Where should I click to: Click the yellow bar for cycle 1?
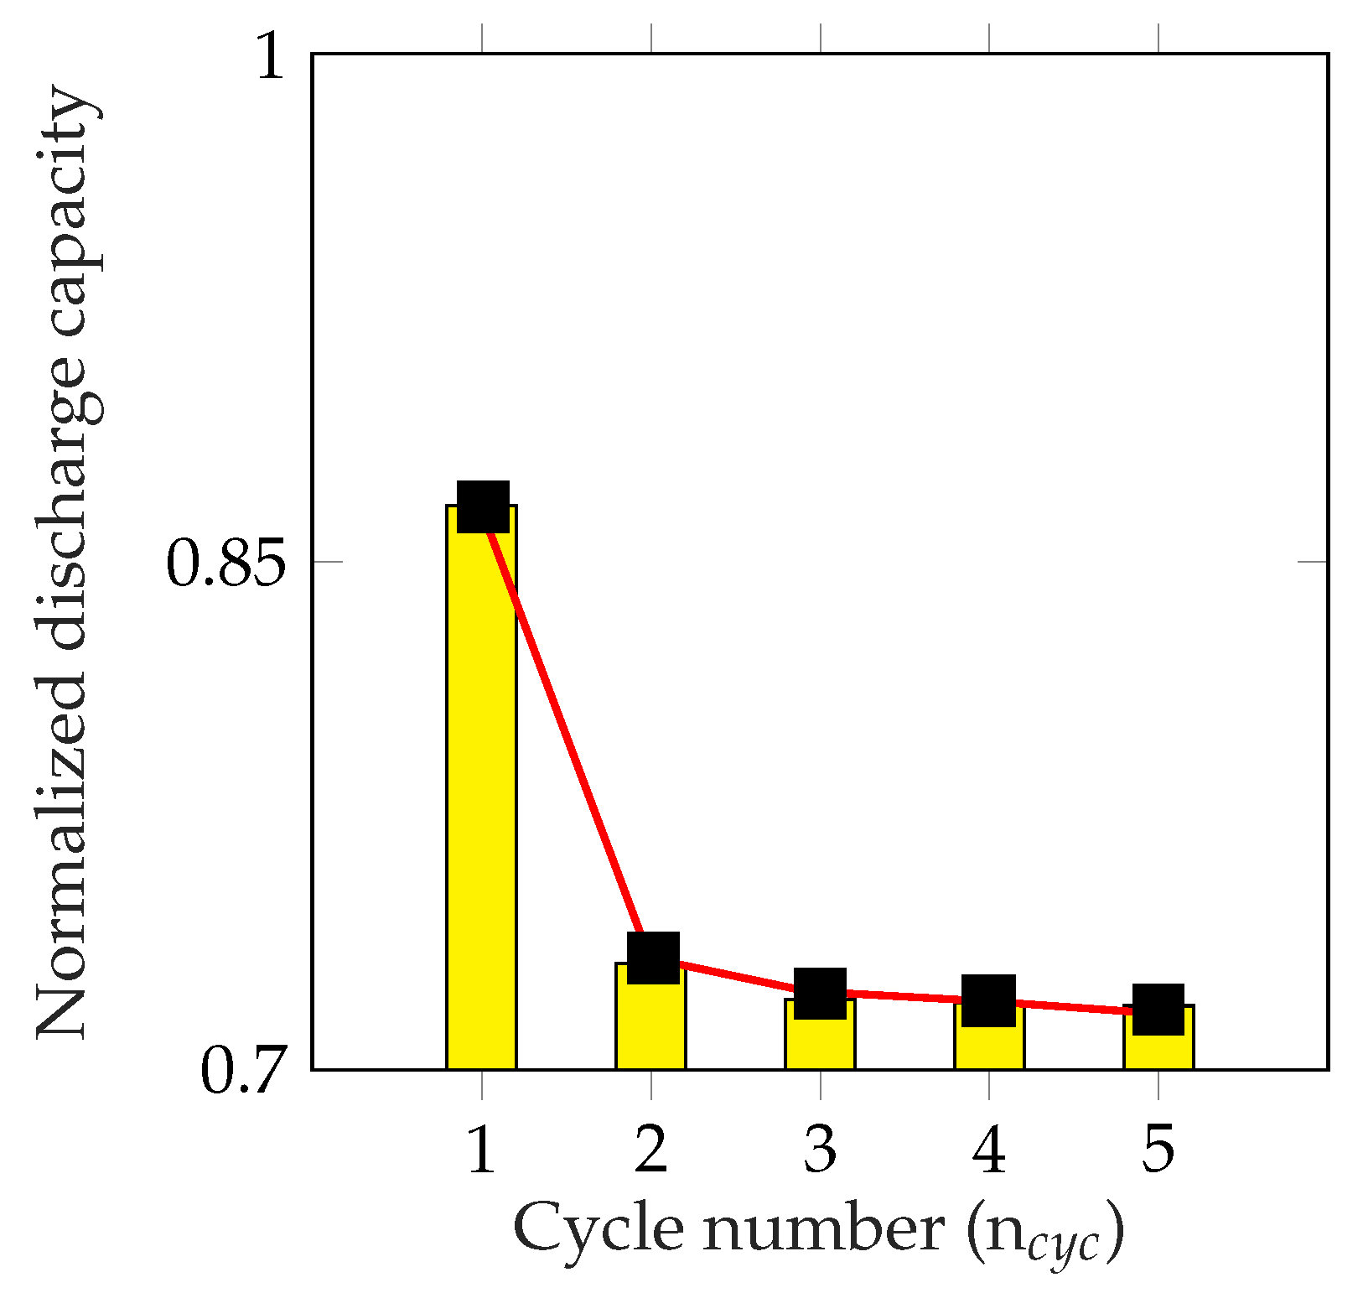coord(481,797)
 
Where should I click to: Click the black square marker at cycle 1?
coord(483,506)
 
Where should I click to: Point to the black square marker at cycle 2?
coord(653,958)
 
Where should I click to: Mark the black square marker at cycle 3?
coord(820,994)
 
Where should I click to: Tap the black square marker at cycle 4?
coord(988,1000)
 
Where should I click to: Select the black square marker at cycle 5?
coord(1158,1009)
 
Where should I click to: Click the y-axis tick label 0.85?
coord(226,563)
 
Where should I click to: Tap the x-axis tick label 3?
coord(820,1150)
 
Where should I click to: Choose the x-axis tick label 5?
coord(1158,1150)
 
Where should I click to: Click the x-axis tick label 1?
coord(481,1150)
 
